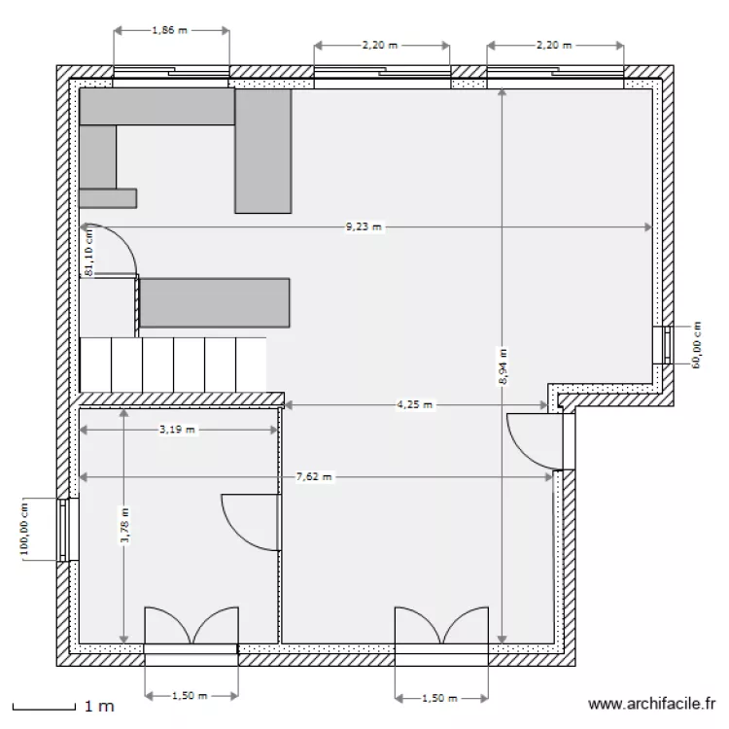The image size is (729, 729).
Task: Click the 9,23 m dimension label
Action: [364, 227]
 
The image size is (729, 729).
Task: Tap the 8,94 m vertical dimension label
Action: [502, 367]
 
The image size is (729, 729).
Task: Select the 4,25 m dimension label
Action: [414, 404]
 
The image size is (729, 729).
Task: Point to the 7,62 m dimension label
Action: [314, 477]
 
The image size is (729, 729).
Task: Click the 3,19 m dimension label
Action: [176, 429]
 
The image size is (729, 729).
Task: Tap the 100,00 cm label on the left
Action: [26, 529]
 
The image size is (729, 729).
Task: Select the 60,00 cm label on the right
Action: [696, 345]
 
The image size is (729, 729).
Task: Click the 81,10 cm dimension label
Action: [88, 252]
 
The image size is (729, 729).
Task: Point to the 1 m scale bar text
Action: [99, 706]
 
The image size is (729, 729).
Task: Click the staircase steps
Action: [173, 364]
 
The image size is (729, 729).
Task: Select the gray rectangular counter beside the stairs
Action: [215, 302]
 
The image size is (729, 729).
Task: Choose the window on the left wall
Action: [67, 530]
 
